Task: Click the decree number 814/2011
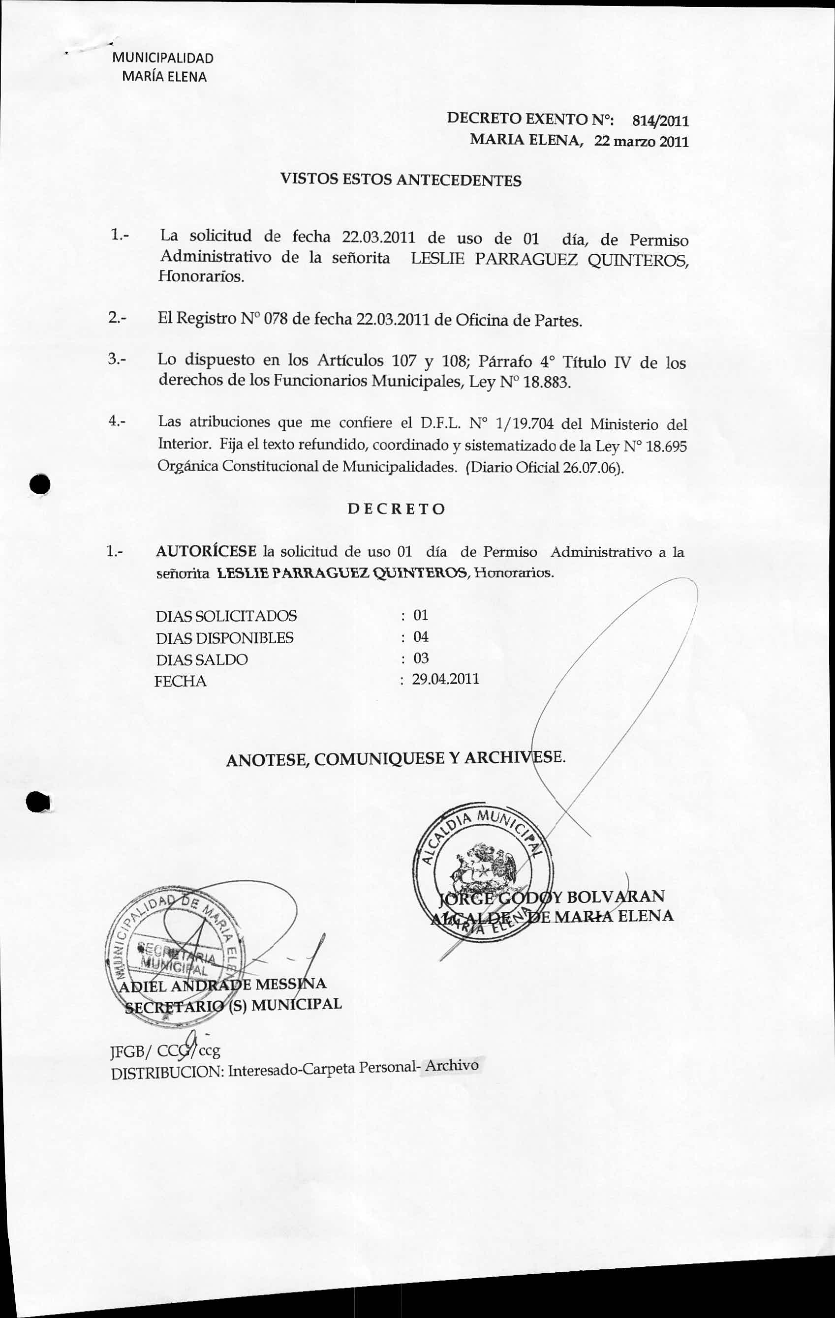click(660, 121)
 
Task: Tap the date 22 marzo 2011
click(641, 142)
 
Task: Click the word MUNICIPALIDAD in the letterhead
click(162, 58)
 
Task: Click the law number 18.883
click(547, 382)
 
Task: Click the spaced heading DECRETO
click(397, 509)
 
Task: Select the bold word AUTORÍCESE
click(206, 551)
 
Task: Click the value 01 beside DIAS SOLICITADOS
click(421, 615)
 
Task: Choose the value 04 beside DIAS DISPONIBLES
click(421, 636)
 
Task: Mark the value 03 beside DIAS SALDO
click(421, 658)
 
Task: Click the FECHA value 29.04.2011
click(445, 679)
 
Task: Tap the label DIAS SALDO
click(202, 660)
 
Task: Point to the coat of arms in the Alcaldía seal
click(484, 868)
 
